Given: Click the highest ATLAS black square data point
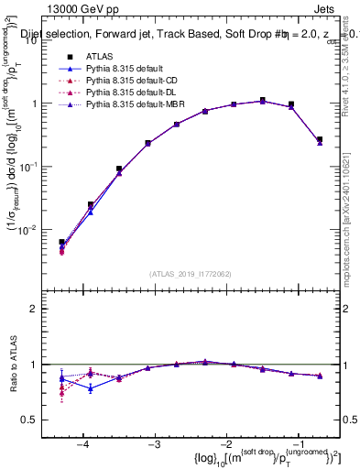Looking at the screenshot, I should pos(262,100).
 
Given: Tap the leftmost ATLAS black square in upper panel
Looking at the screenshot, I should pos(61,243).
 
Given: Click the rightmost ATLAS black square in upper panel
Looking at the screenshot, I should pos(319,139).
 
